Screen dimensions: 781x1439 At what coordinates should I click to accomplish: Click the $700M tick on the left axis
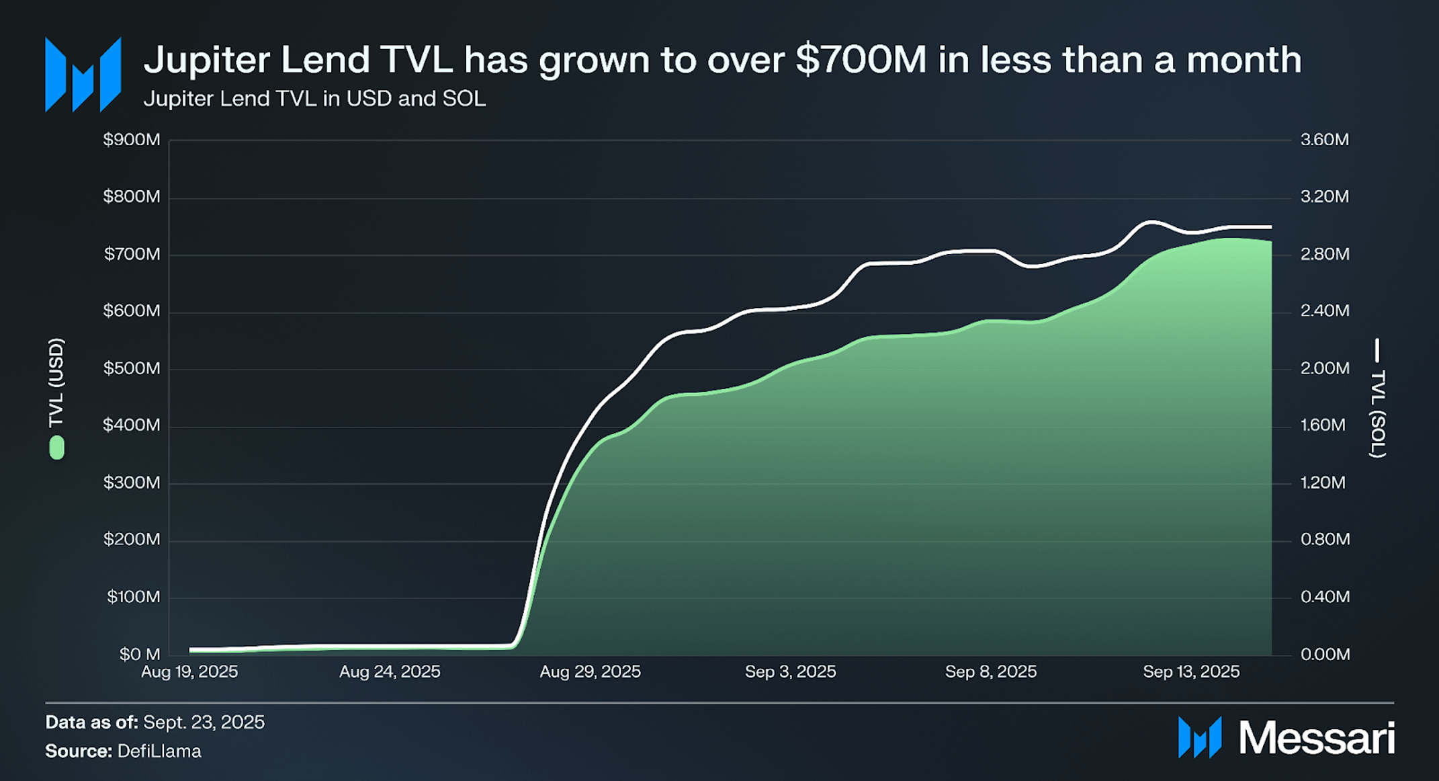coord(132,254)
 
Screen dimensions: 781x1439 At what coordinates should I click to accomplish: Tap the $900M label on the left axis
coord(132,140)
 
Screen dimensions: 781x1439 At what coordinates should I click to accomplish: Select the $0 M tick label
coord(140,654)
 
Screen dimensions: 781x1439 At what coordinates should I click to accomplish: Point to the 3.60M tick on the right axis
coord(1324,140)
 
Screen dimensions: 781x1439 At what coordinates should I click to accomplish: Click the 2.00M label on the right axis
coord(1324,368)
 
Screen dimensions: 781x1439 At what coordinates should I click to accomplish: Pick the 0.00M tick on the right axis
coord(1324,654)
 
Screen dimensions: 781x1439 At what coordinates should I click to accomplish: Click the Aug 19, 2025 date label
coord(189,671)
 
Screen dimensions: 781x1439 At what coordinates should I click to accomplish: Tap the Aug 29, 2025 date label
coord(590,671)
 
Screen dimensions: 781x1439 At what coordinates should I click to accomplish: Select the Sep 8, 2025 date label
coord(990,671)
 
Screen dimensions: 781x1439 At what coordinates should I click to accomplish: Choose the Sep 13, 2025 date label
coord(1190,671)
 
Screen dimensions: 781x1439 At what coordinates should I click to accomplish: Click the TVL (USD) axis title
coord(56,382)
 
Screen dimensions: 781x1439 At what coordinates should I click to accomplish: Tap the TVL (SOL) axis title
coord(1377,413)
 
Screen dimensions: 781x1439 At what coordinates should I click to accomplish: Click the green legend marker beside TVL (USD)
coord(57,448)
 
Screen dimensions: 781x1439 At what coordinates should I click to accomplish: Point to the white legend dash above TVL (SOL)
coord(1377,350)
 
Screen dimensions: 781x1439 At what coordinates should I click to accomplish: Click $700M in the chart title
coord(861,59)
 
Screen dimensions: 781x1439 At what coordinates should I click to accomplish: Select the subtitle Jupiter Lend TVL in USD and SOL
coord(314,99)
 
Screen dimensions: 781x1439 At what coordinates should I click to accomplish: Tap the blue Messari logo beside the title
coord(83,75)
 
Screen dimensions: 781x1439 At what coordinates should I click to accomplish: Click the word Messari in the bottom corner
coord(1316,738)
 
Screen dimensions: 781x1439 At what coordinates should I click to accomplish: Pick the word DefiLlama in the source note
coord(159,751)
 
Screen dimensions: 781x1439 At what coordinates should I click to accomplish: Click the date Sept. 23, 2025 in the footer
coord(204,722)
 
